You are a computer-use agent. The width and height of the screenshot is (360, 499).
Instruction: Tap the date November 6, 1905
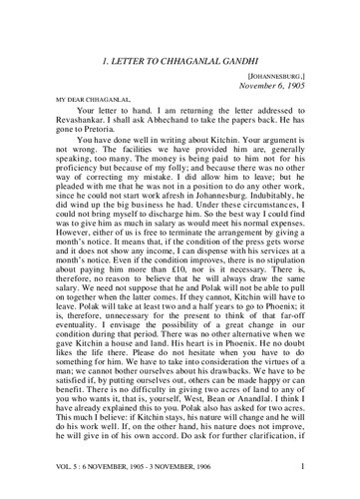(297, 70)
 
